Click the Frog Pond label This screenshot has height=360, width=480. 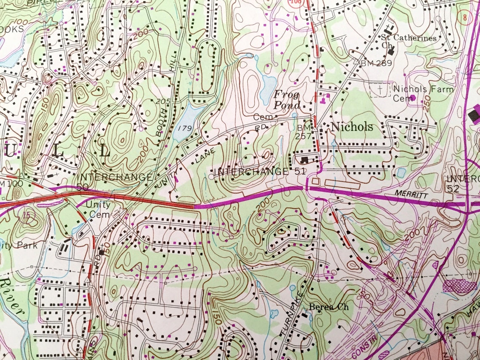coord(287,99)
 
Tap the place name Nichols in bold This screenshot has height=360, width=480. coord(352,127)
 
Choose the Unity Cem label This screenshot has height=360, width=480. coord(98,209)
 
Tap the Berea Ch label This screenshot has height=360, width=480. coord(328,307)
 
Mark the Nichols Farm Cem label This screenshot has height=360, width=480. coord(423,93)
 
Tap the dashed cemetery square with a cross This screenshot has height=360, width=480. coord(380,90)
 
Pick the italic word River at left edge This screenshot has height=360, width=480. coord(13,299)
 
